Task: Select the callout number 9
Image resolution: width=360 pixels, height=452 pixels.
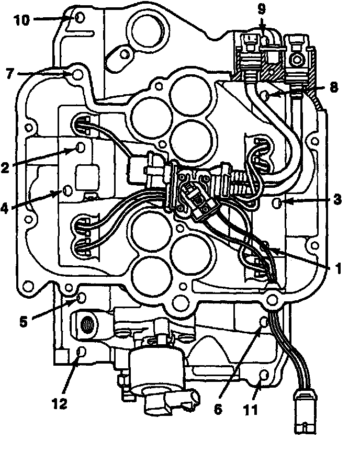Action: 262,8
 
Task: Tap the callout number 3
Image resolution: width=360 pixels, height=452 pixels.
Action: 337,199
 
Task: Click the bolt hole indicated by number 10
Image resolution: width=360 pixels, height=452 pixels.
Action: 80,18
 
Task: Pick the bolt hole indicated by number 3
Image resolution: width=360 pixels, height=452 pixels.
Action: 281,202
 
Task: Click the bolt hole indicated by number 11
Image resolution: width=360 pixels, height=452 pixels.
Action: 264,376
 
